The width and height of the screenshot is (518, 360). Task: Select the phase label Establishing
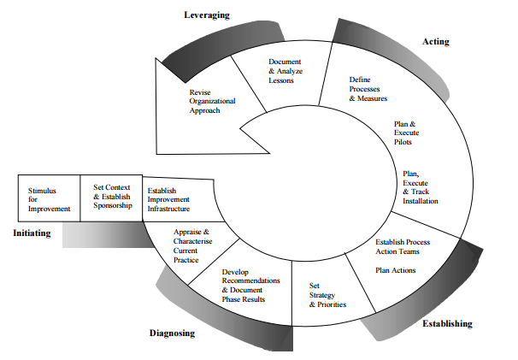[x=447, y=324]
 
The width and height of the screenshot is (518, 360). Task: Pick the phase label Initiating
[x=32, y=232]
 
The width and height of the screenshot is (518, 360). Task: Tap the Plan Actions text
[x=395, y=270]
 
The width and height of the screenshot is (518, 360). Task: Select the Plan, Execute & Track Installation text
[x=420, y=187]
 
